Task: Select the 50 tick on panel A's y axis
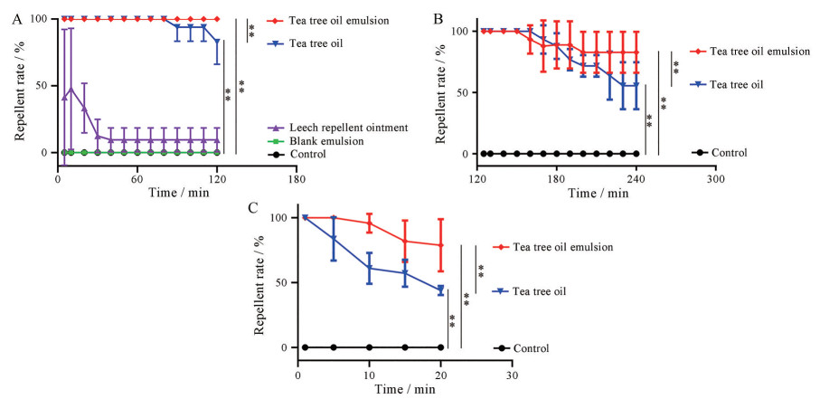43,86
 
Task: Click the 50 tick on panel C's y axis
284,282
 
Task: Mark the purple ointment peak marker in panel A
71,89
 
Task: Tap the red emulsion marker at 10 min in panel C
369,223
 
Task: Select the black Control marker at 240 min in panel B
636,154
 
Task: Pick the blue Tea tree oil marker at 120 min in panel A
217,41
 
